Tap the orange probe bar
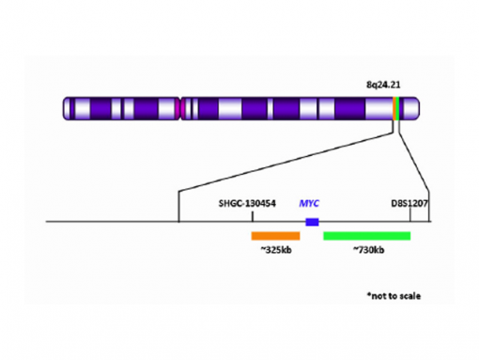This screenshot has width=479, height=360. pos(274,235)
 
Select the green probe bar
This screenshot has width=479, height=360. pos(366,235)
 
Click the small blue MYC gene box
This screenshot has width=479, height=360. pos(312,222)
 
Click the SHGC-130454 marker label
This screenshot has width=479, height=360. pos(247,203)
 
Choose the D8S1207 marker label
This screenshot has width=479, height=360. pos(409,203)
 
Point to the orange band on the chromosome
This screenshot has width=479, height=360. pos(394,108)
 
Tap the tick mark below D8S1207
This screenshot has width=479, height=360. pos(410,215)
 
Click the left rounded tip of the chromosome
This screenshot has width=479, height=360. pos(66,108)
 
